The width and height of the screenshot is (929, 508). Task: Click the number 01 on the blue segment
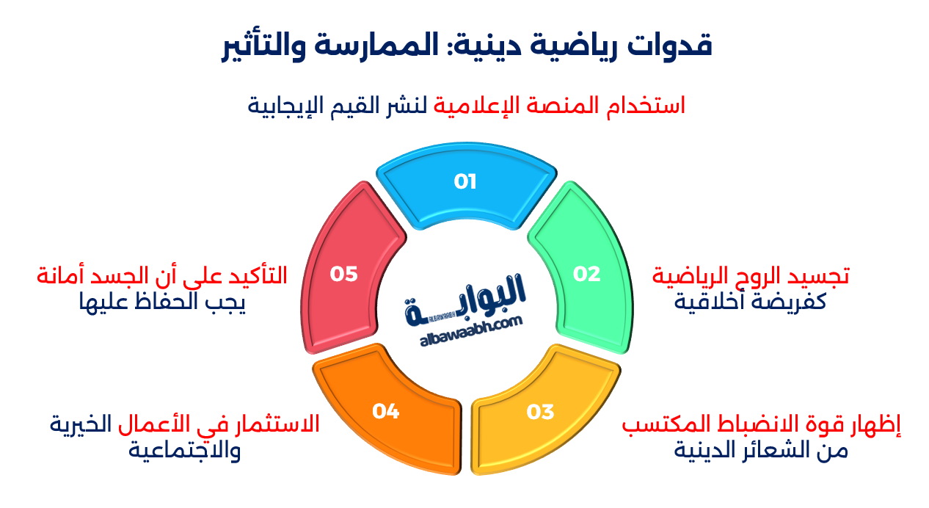tap(465, 181)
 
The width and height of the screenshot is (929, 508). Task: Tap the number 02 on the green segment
tap(586, 274)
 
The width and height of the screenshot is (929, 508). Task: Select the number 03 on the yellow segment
tap(540, 412)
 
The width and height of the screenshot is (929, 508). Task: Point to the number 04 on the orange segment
tap(385, 411)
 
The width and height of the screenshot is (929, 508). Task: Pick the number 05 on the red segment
tap(343, 274)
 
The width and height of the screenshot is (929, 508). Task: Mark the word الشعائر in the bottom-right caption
tap(767, 450)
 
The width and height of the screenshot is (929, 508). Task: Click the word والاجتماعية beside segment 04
tap(185, 450)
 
